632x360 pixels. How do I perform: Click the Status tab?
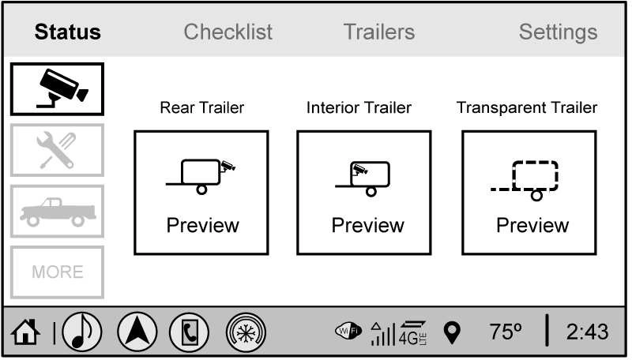coord(67,32)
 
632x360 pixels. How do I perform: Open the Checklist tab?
coord(228,32)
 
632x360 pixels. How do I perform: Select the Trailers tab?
coord(379,32)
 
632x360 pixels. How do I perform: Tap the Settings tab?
coord(558,32)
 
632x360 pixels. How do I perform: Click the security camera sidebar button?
coord(57,89)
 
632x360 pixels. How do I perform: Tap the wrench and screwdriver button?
coord(57,150)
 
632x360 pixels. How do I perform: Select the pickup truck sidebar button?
coord(57,211)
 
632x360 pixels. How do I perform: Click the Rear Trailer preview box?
coord(201,193)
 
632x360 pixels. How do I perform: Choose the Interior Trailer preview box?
coord(364,193)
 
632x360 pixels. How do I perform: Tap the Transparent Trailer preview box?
coord(529,193)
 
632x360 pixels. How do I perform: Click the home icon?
coord(25,332)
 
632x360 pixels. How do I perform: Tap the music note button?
coord(82,332)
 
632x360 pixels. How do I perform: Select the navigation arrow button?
coord(137,332)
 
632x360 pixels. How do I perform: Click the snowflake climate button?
coord(246,332)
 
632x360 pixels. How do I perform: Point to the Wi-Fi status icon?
coord(348,331)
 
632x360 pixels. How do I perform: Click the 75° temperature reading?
coord(506,332)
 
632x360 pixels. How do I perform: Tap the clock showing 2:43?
coord(587,332)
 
